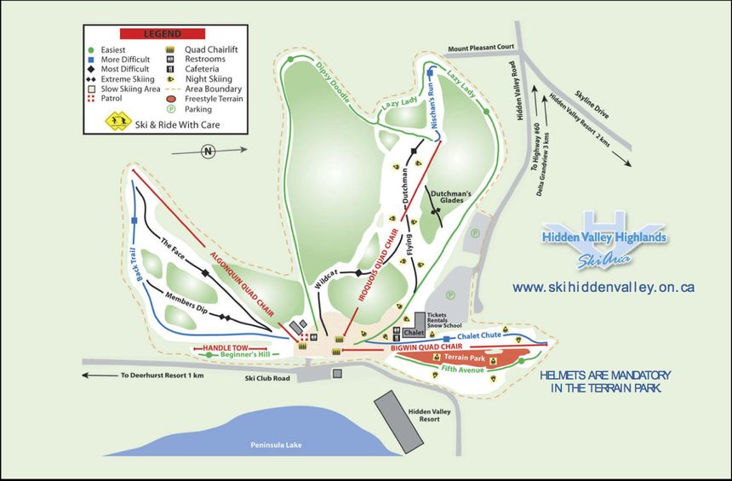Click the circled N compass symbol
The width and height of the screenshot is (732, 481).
pos(207,152)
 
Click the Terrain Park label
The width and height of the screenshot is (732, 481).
pos(463,358)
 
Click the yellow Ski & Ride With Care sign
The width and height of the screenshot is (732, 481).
pos(115,122)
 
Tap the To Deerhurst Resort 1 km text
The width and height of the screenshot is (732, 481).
pos(163,375)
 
